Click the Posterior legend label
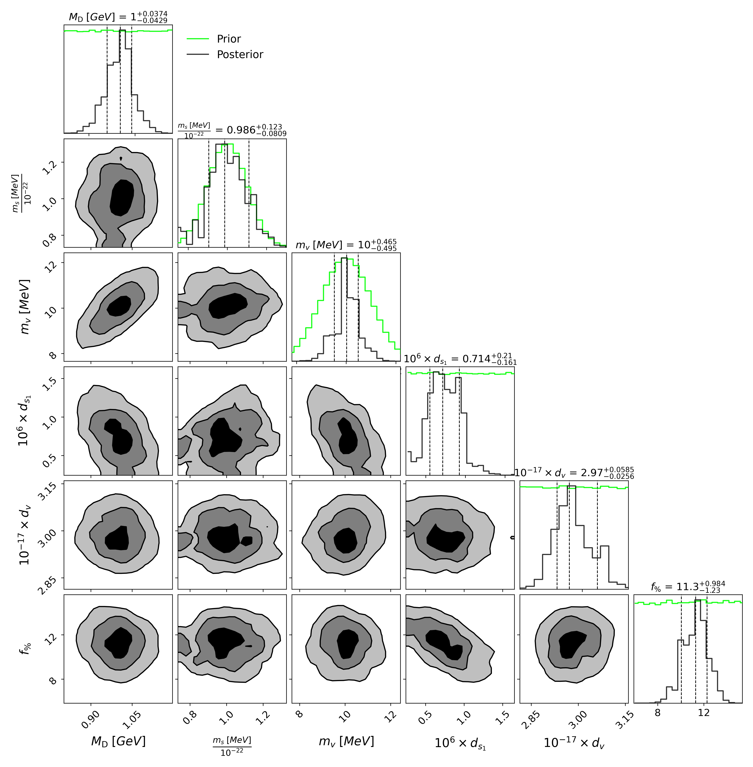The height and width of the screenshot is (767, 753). point(240,55)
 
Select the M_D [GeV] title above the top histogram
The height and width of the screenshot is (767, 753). point(118,17)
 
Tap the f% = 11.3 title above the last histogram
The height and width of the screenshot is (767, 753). point(688,587)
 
